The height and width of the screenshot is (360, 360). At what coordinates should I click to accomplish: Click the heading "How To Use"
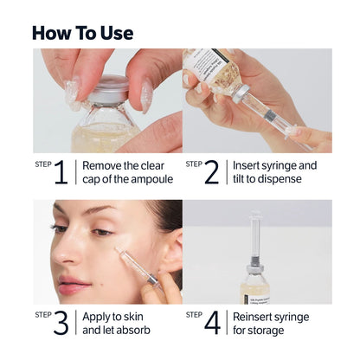(82, 33)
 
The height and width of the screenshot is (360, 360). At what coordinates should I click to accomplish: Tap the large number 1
(61, 172)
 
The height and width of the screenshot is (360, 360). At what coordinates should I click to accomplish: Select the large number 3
(61, 323)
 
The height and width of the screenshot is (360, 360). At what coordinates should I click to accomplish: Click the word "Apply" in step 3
(98, 316)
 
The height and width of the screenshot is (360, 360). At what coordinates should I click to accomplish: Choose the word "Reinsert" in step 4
(257, 316)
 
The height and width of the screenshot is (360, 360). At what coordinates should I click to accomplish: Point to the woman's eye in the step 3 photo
(100, 231)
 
